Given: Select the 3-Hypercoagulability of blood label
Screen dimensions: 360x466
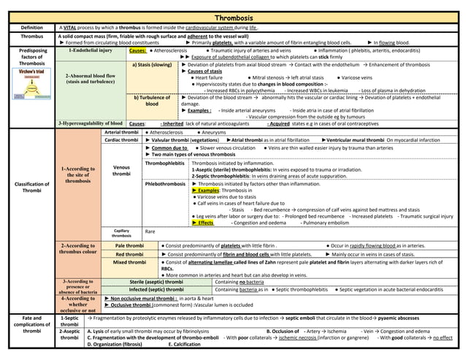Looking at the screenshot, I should tap(90, 123).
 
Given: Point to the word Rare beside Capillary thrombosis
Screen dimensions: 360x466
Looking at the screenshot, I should tap(150, 231).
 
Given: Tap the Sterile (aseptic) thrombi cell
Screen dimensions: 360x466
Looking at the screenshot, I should tap(156, 281).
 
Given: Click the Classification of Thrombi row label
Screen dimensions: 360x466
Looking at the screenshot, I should tap(31, 187).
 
